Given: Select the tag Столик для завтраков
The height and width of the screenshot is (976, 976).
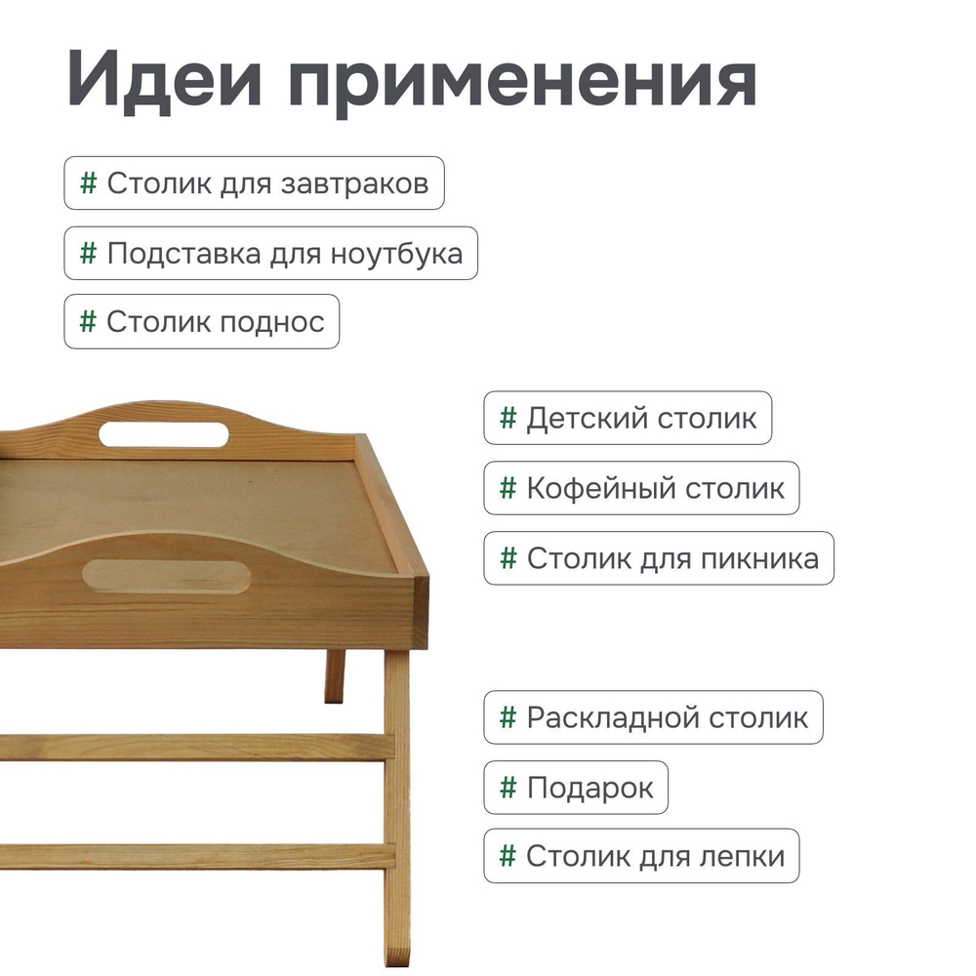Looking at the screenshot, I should (254, 183).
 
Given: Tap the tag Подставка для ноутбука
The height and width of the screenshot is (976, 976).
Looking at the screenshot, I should (270, 254).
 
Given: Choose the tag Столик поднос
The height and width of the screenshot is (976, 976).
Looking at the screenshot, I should (202, 322).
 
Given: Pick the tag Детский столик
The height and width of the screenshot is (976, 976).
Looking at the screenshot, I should (628, 418).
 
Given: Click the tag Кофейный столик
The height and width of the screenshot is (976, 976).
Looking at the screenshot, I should (641, 488).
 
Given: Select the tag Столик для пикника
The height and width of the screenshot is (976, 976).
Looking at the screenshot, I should (659, 558).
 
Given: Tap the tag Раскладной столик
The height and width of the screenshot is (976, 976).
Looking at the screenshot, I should (653, 717).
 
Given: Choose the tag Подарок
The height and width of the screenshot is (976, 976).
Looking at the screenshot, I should (576, 788).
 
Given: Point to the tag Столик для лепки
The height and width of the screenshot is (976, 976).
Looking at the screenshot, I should (641, 856).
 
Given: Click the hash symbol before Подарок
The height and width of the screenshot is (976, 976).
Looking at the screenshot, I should (508, 787).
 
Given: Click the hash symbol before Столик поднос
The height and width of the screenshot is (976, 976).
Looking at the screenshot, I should (88, 321).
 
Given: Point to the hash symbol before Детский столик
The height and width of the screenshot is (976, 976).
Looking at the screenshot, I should (508, 418).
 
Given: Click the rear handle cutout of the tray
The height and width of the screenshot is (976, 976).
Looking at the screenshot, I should (164, 433).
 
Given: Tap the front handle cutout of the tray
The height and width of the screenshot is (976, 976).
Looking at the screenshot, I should (166, 576).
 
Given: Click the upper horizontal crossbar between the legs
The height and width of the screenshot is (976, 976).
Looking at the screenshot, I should (195, 747).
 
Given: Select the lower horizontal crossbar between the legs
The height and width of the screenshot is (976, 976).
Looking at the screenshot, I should (195, 856).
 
